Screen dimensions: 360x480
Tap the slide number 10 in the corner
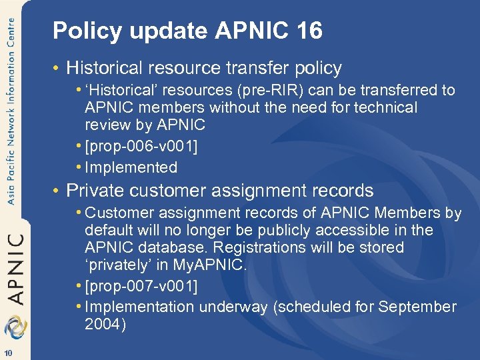(7, 353)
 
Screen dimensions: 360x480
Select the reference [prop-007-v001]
(141, 286)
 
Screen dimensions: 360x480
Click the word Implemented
(131, 167)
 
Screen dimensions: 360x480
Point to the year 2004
(105, 324)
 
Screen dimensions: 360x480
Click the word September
(417, 307)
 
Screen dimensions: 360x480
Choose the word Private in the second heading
(95, 191)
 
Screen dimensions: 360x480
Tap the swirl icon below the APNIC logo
(14, 327)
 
